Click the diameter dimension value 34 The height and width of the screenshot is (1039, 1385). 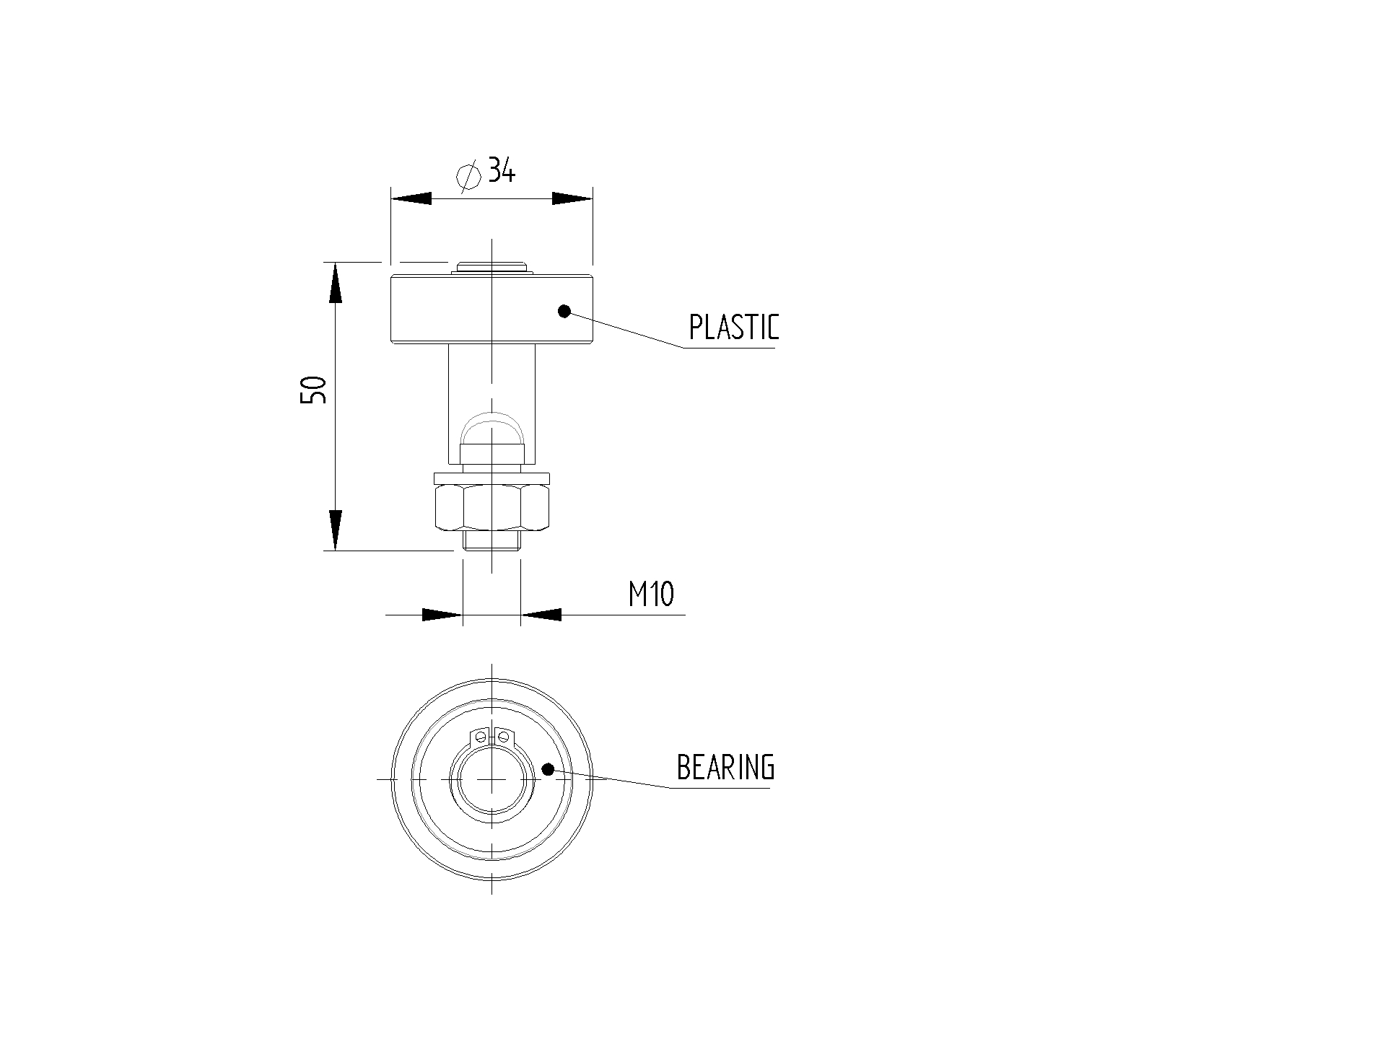click(x=502, y=170)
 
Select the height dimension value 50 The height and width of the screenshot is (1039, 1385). click(x=314, y=390)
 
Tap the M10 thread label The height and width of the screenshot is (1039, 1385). click(x=651, y=595)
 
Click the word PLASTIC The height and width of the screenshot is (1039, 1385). click(x=734, y=327)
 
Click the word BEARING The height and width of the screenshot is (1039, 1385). click(x=725, y=767)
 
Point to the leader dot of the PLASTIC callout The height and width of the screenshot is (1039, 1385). click(x=564, y=311)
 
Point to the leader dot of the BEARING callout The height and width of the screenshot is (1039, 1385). click(x=548, y=769)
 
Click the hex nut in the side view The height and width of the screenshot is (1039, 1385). click(x=492, y=508)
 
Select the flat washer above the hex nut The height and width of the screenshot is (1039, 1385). click(x=492, y=478)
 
